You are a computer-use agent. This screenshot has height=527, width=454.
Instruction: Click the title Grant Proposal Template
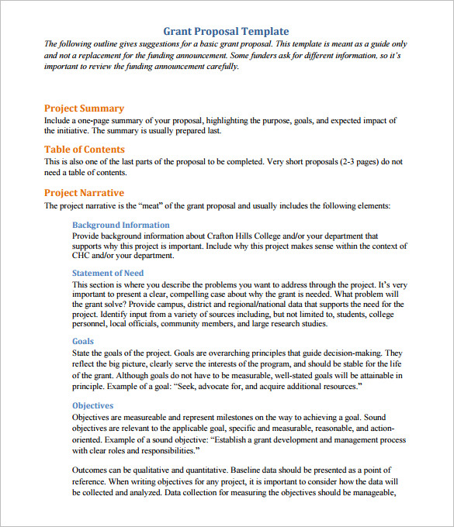coord(226,31)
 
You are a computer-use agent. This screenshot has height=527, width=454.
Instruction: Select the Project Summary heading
coord(84,108)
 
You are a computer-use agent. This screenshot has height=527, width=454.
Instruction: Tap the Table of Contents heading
coord(84,150)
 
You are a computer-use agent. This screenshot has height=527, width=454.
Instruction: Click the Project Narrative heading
coord(84,193)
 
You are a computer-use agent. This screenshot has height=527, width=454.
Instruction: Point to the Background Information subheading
coord(120,225)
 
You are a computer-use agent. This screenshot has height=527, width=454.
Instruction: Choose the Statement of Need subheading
coord(108,273)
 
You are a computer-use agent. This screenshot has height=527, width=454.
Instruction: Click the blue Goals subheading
coord(83,341)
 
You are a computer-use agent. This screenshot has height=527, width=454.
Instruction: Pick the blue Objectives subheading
coord(92,405)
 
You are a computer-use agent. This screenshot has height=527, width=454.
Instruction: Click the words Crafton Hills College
coord(226,236)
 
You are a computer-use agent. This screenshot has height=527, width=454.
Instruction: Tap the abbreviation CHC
coord(82,255)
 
